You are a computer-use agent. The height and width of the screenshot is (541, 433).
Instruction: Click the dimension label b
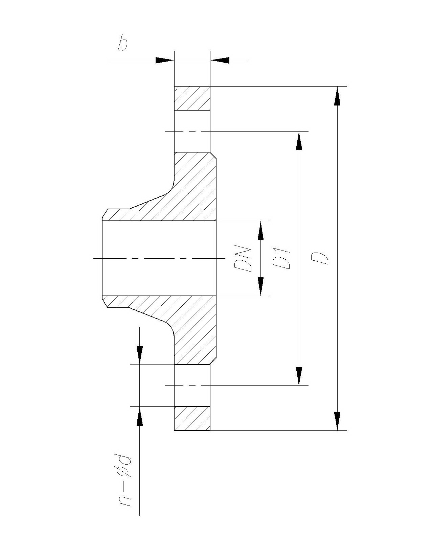click(x=122, y=45)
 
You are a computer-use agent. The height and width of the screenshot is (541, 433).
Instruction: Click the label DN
click(x=243, y=260)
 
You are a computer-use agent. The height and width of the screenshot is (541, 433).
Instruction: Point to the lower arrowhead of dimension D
click(x=337, y=421)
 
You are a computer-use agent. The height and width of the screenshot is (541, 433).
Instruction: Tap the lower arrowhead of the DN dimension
click(x=260, y=286)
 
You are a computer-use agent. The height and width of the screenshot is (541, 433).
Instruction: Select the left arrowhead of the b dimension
click(x=164, y=60)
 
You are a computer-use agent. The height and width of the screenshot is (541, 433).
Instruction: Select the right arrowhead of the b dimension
click(x=220, y=60)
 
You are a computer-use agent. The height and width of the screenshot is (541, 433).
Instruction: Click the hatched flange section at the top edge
click(x=192, y=98)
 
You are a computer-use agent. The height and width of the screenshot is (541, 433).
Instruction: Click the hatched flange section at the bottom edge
click(x=192, y=418)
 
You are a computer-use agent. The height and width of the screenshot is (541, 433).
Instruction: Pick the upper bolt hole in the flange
click(x=192, y=131)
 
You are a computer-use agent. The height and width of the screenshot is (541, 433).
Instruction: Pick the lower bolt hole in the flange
click(x=192, y=385)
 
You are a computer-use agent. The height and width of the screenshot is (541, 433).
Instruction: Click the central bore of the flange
click(x=159, y=258)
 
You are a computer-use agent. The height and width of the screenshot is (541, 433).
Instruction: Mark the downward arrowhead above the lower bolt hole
click(x=139, y=355)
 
